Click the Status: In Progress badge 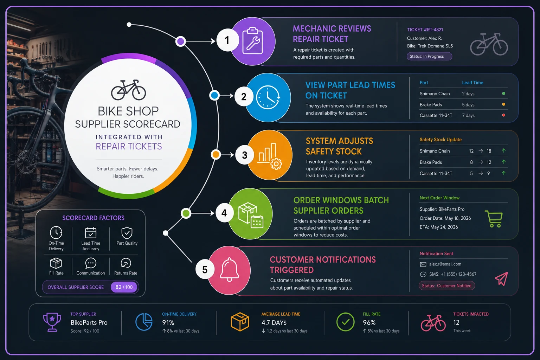[x=429, y=56]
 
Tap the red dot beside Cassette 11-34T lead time [x=503, y=115]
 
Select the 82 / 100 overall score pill [x=124, y=287]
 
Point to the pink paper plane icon [x=502, y=279]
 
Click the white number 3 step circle [x=244, y=155]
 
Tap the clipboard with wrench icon [x=252, y=41]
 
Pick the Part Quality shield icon [x=127, y=233]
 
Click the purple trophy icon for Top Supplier [x=52, y=322]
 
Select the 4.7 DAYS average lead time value [x=274, y=323]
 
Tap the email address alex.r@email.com [x=445, y=264]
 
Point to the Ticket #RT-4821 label [x=425, y=30]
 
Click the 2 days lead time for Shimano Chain [x=468, y=94]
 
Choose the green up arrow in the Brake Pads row [x=503, y=162]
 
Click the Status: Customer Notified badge [x=447, y=286]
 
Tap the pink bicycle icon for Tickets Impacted [x=433, y=323]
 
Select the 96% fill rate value [x=369, y=323]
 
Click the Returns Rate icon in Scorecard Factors [x=126, y=263]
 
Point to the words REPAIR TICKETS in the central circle [x=129, y=146]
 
